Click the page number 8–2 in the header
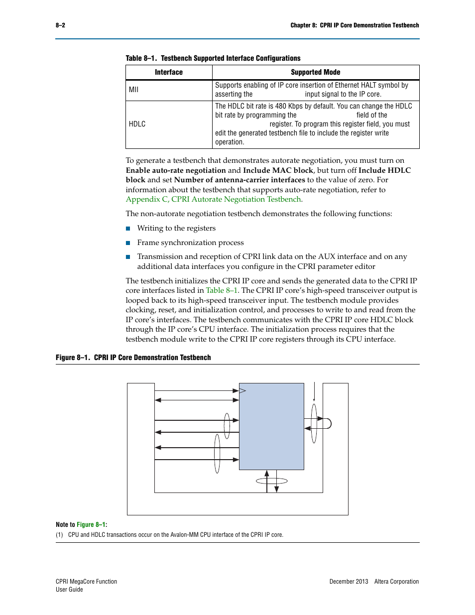tap(60, 25)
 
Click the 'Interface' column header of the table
tap(168, 72)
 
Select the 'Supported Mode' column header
tap(315, 72)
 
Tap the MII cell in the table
tap(134, 90)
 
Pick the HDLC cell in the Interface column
tap(137, 124)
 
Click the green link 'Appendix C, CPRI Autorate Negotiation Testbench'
tap(213, 199)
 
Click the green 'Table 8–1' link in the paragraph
tap(222, 290)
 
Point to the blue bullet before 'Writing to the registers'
tap(128, 229)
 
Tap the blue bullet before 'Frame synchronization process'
tap(128, 243)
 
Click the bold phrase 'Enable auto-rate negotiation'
tap(176, 170)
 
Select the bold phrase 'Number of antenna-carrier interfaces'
tap(239, 180)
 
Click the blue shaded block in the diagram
tap(271, 426)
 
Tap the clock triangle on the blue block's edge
tap(242, 390)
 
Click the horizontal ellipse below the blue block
tap(271, 481)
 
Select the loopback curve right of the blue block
tap(327, 423)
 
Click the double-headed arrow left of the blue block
tap(197, 399)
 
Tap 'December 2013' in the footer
tap(349, 582)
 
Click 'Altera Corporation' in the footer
tap(396, 582)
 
